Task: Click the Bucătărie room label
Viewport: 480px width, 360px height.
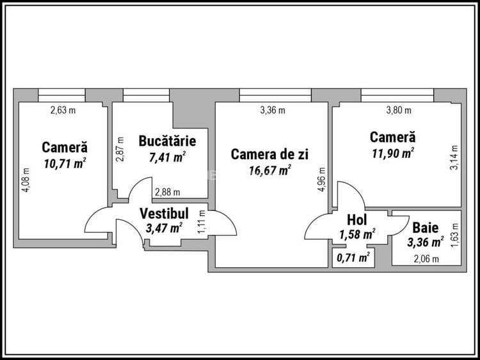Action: pos(167,141)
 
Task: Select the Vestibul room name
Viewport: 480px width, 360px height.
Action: pos(164,213)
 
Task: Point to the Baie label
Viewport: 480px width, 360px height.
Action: pos(425,228)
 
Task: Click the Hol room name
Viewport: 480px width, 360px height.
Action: pos(356,220)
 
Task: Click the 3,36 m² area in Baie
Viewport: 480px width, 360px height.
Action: pos(426,242)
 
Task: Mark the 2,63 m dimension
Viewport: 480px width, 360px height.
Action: pos(63,110)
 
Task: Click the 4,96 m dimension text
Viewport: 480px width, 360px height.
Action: pos(322,180)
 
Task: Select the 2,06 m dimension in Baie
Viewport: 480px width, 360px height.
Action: pos(426,259)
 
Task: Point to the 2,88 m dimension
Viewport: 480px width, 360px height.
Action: pos(167,192)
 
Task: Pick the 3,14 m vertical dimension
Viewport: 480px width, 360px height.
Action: pos(454,158)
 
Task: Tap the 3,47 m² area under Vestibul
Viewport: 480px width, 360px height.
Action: pos(164,227)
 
